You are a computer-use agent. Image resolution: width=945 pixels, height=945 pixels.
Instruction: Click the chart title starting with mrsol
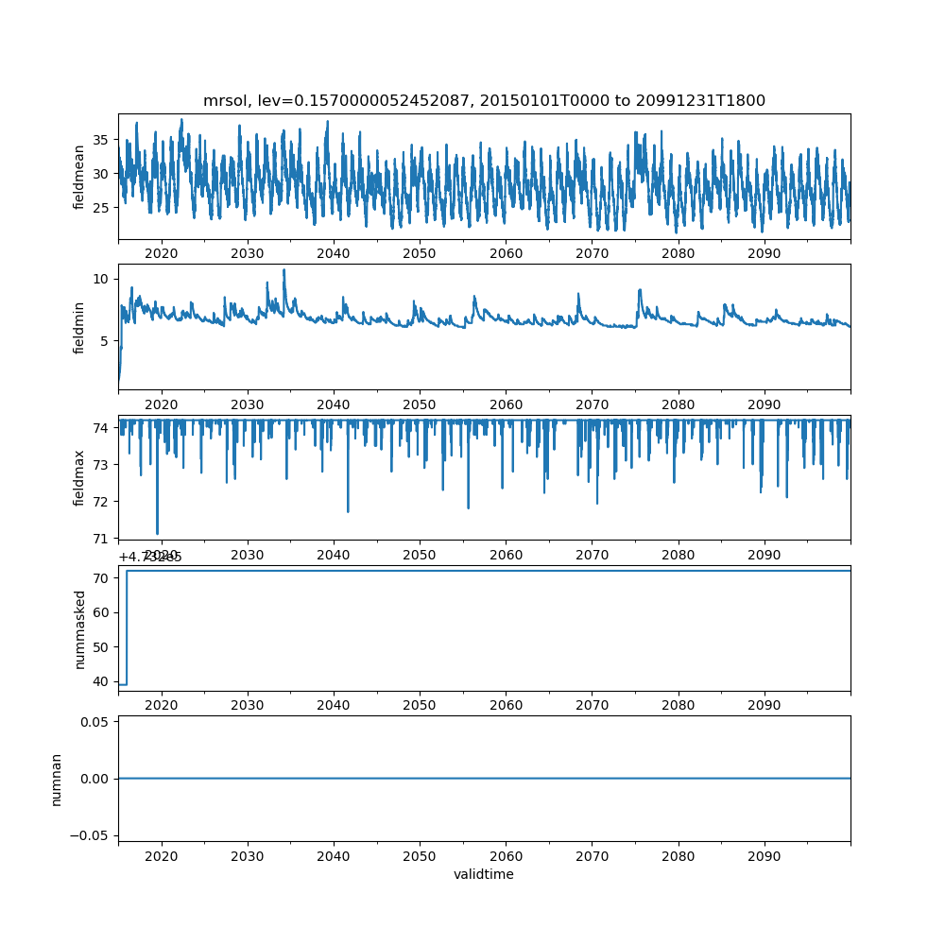click(x=484, y=100)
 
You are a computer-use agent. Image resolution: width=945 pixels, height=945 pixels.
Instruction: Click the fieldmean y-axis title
click(x=79, y=177)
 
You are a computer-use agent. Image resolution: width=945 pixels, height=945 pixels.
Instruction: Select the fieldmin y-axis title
click(x=79, y=327)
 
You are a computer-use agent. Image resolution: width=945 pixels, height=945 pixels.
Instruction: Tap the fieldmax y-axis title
click(x=79, y=477)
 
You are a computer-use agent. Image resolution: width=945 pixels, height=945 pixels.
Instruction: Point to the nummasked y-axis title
click(x=79, y=628)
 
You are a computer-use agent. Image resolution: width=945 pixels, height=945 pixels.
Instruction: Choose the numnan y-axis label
click(x=56, y=779)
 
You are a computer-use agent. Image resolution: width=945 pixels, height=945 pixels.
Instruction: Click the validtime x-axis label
click(x=484, y=874)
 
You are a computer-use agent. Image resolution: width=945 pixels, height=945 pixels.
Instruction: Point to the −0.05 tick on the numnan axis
click(x=86, y=835)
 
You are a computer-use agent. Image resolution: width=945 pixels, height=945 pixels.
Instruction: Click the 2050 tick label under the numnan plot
click(x=420, y=855)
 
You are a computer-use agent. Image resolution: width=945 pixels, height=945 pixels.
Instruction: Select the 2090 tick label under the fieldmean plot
click(x=764, y=253)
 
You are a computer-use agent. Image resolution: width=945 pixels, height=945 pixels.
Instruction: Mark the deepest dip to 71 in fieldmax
click(x=157, y=533)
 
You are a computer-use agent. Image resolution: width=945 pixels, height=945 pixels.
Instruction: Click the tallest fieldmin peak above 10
click(x=283, y=270)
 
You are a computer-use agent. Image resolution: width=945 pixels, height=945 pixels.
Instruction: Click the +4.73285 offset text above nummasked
click(x=150, y=557)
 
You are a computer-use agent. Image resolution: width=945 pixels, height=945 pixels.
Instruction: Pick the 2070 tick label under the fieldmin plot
click(x=592, y=404)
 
